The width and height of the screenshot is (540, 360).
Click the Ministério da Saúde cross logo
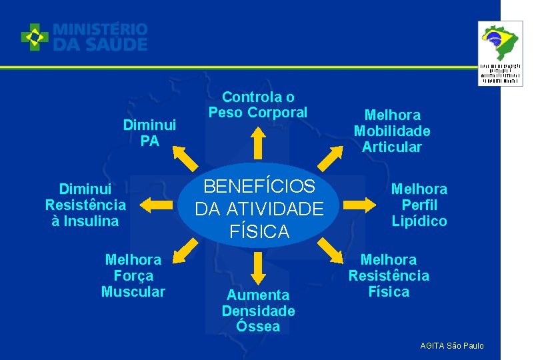point(35,37)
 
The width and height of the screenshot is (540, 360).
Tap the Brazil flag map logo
point(501,43)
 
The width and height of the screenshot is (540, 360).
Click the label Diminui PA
point(149,133)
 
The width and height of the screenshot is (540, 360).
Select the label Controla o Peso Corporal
point(258,105)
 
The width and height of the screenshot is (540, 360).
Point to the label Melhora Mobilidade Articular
point(391,131)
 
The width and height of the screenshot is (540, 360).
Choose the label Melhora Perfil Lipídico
point(419,205)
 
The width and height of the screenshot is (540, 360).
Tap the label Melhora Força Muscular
point(133,275)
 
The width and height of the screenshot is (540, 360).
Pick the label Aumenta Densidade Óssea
point(258,311)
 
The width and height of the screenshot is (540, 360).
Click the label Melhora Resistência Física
point(389,275)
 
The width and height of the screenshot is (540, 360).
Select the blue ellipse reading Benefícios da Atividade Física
point(259,208)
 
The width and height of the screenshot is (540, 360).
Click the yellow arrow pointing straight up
point(259,142)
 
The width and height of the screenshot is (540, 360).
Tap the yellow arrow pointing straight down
point(259,269)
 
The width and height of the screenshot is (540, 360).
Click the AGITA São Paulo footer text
point(452,345)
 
